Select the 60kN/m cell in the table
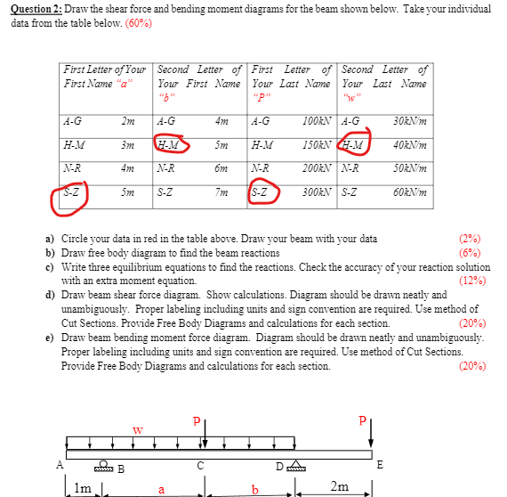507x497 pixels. click(x=410, y=191)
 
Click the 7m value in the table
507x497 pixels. click(x=222, y=191)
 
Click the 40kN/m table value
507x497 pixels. click(x=410, y=144)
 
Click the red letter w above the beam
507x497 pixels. click(x=136, y=429)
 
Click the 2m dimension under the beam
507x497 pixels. click(x=339, y=485)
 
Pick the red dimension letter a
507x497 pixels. click(x=161, y=488)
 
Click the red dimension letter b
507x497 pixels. click(x=255, y=488)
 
